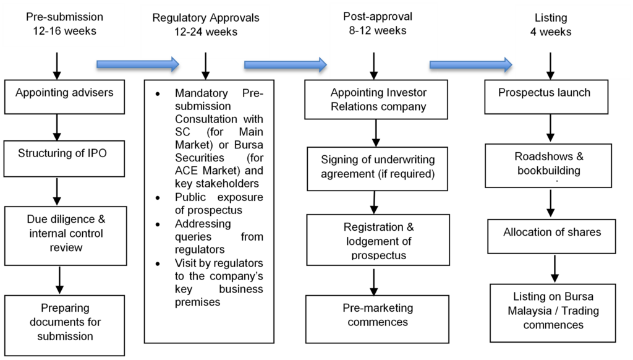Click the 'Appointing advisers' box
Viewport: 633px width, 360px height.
click(64, 96)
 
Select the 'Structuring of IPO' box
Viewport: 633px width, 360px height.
click(64, 158)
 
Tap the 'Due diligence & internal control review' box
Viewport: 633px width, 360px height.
click(66, 236)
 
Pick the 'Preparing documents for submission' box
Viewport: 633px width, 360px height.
click(64, 325)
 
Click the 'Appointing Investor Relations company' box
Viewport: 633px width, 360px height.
click(376, 100)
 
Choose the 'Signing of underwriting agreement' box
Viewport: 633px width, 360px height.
click(377, 168)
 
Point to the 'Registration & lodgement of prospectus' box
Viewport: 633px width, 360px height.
click(378, 239)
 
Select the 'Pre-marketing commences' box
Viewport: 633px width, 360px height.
click(377, 319)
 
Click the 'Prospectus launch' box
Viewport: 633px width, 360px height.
click(546, 96)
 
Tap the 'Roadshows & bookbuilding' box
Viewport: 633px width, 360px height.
click(548, 166)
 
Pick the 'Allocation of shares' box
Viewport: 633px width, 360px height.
click(551, 236)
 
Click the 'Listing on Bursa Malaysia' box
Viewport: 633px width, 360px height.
click(553, 313)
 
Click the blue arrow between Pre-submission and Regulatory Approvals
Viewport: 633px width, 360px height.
click(138, 64)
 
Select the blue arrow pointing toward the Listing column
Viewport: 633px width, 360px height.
click(470, 64)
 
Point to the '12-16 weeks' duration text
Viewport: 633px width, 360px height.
click(64, 31)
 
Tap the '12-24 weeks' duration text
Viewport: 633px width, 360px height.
click(206, 32)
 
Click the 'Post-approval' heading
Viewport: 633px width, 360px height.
click(378, 17)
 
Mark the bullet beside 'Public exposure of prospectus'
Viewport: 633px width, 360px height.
click(158, 198)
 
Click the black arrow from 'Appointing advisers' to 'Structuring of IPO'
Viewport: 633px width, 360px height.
click(57, 127)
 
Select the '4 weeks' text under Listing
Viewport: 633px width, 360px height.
click(551, 32)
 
